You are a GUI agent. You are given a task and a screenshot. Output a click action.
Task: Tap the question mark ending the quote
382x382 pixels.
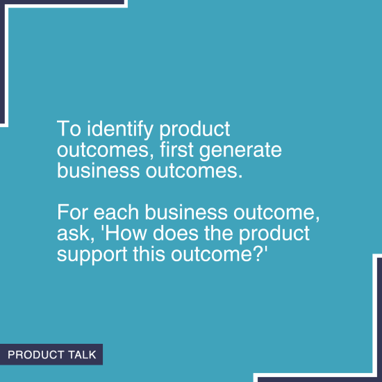coord(260,253)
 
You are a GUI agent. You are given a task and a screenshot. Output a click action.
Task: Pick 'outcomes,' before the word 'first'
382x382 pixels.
coord(96,151)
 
